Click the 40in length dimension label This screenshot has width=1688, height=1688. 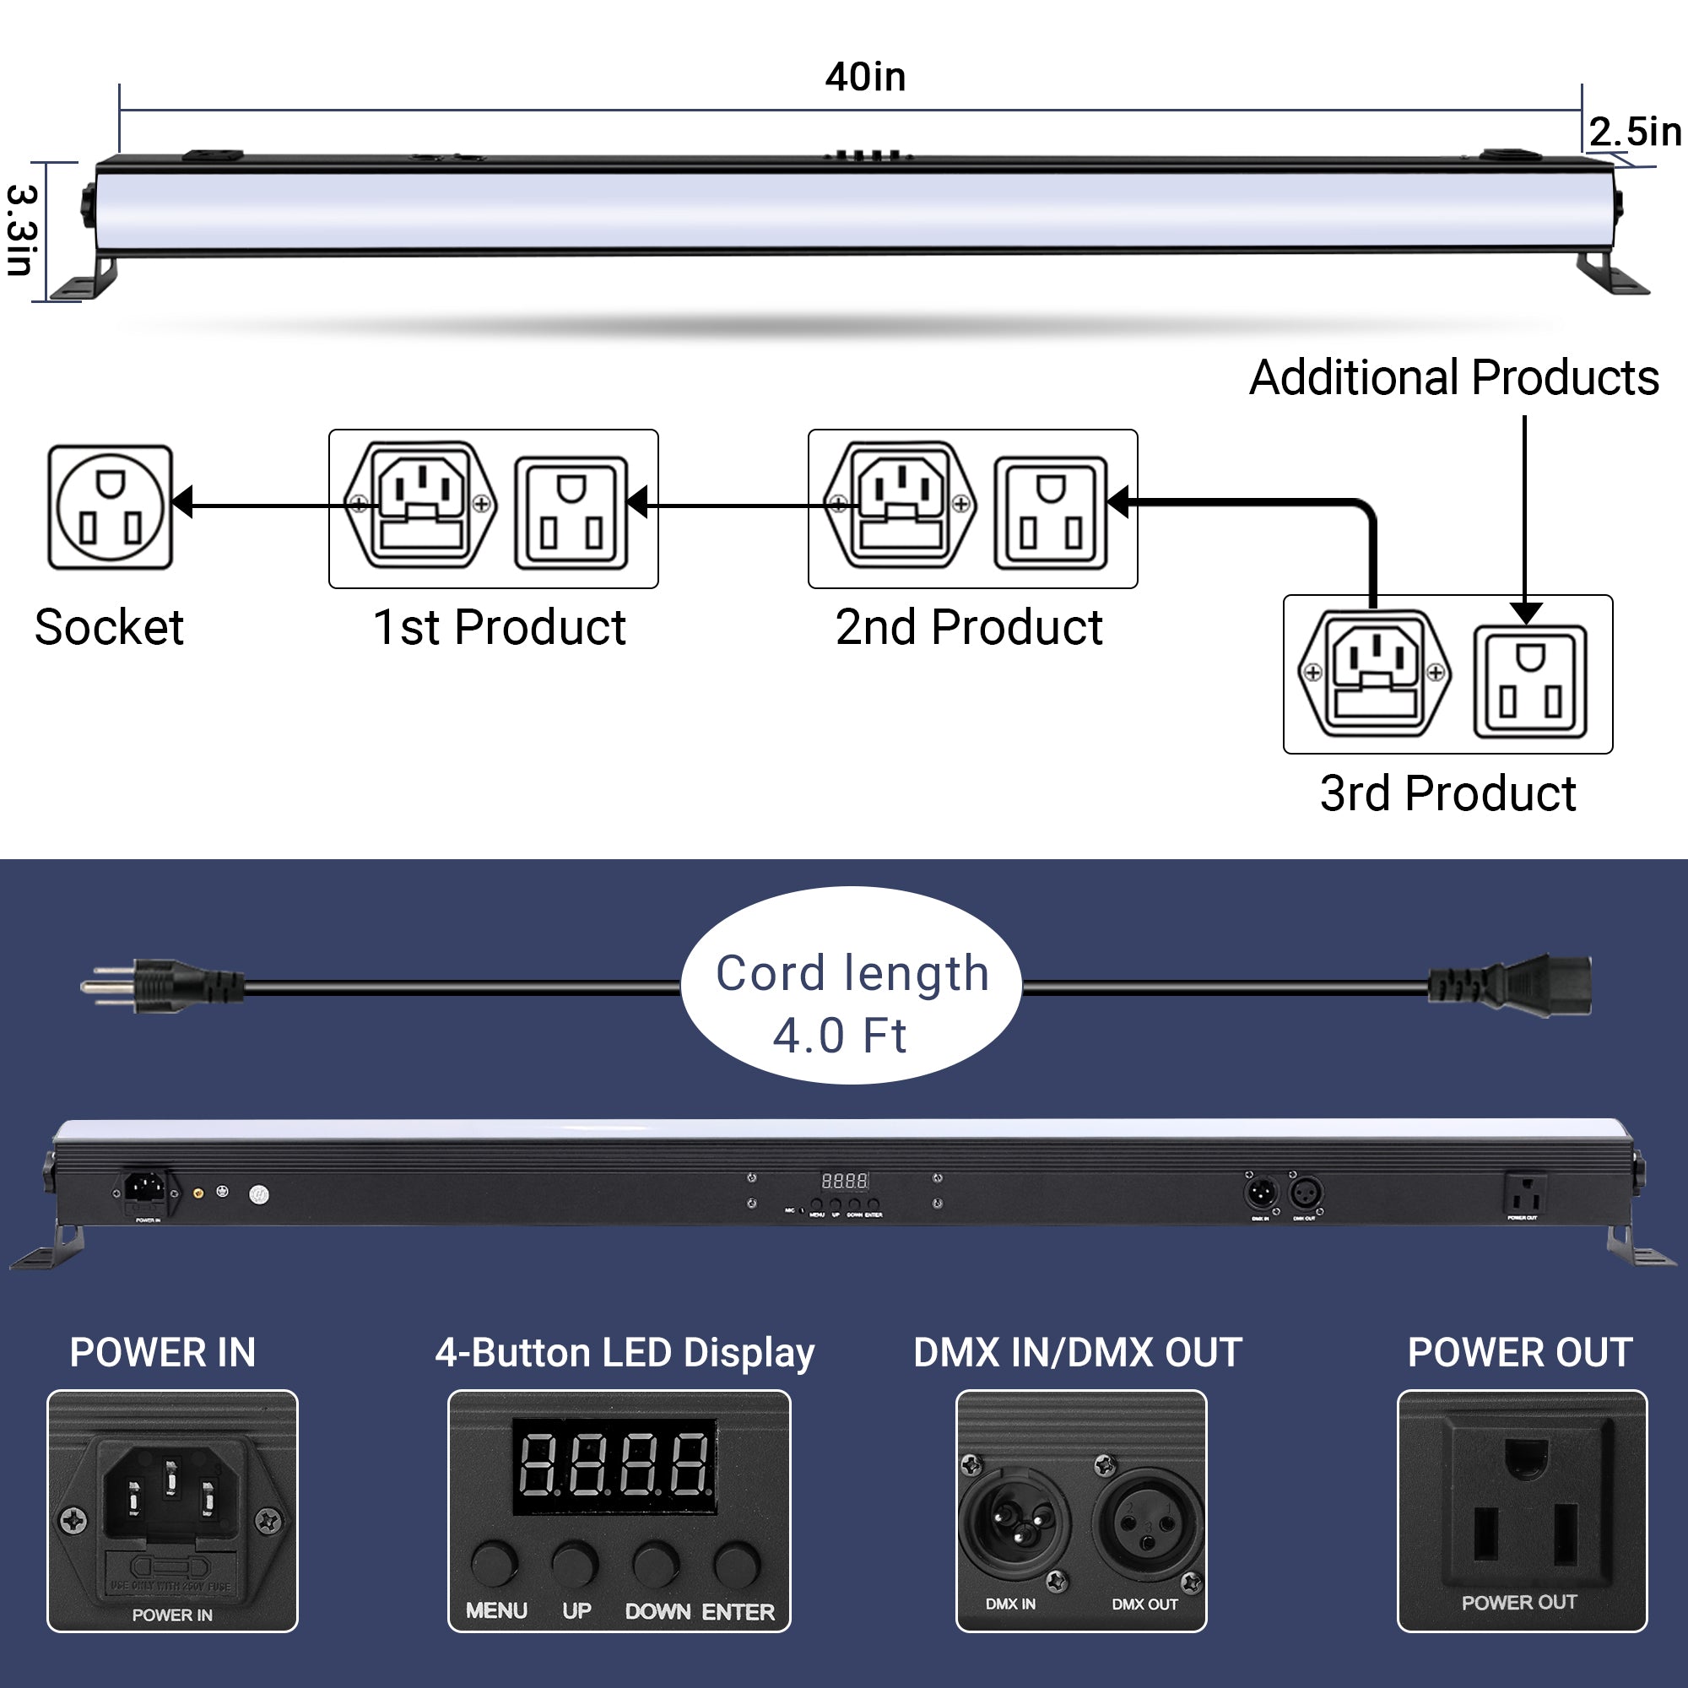[865, 77]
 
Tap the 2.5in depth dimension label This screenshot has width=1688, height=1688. [1634, 132]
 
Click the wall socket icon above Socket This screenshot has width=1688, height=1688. [110, 506]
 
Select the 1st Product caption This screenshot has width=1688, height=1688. [499, 627]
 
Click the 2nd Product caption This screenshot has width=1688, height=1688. [968, 627]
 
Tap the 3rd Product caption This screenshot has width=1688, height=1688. [1447, 793]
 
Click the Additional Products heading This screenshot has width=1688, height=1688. [1453, 377]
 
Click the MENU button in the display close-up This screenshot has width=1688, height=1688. [495, 1563]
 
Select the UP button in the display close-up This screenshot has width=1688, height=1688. [575, 1563]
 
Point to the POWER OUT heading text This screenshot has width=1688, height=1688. [1519, 1352]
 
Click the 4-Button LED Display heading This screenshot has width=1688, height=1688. [625, 1352]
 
